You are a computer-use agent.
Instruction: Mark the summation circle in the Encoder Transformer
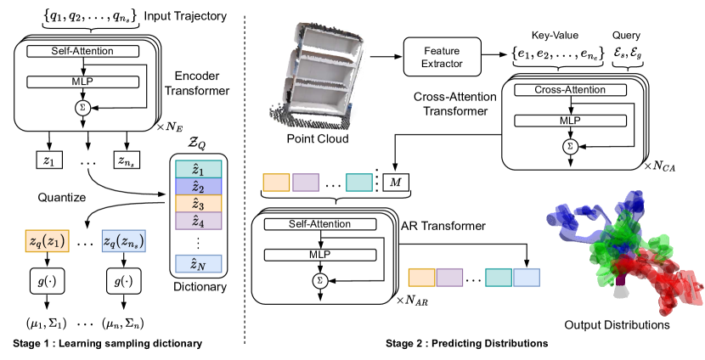point(82,109)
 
